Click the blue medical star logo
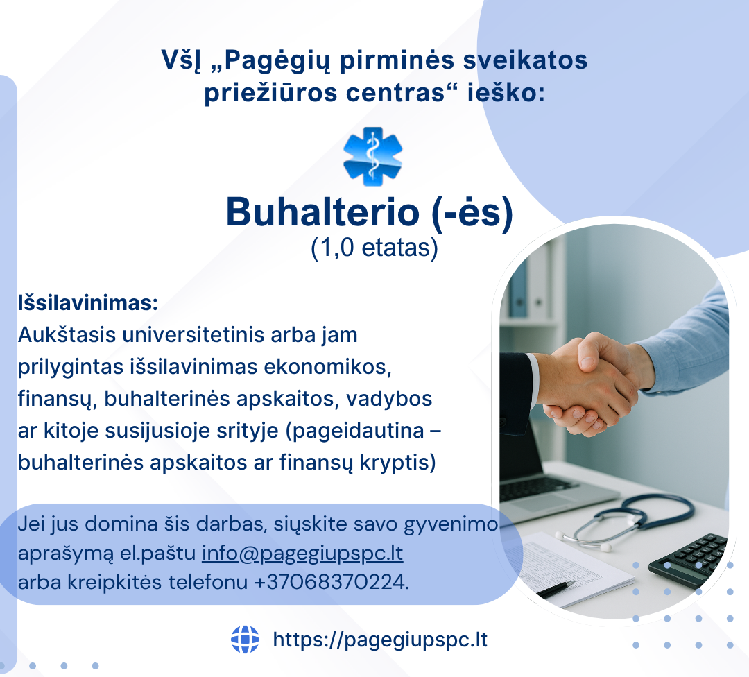pyautogui.click(x=372, y=156)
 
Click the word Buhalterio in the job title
pyautogui.click(x=322, y=212)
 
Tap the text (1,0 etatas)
pyautogui.click(x=374, y=248)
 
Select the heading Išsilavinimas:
pyautogui.click(x=88, y=303)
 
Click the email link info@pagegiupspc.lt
pyautogui.click(x=302, y=554)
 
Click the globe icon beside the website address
pyautogui.click(x=245, y=640)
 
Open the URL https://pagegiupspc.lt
pyautogui.click(x=380, y=640)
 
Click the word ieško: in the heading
pyautogui.click(x=506, y=92)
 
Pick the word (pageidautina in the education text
pyautogui.click(x=354, y=431)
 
